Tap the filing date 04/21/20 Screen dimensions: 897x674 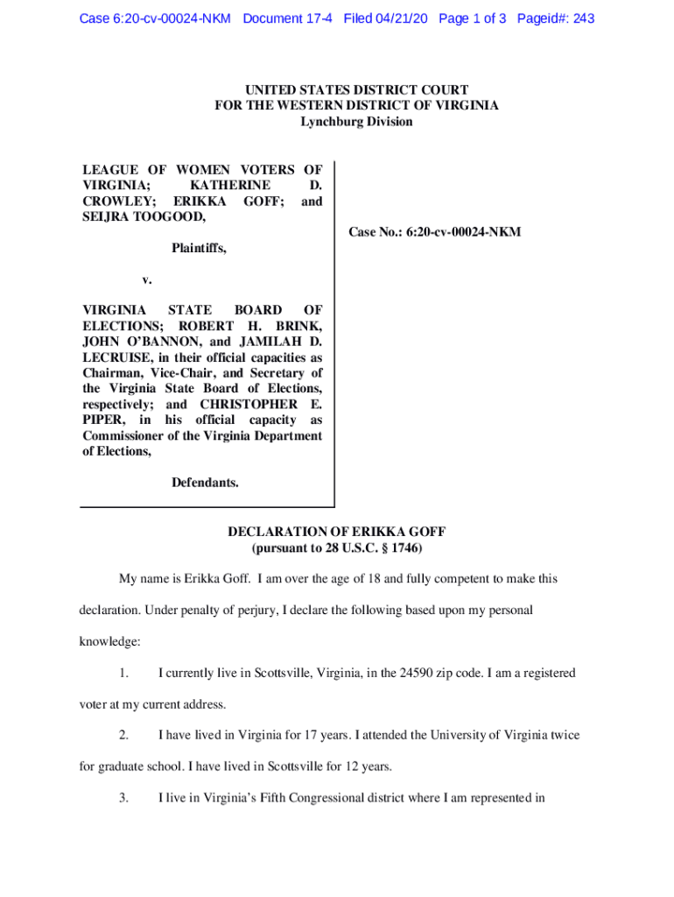click(x=400, y=18)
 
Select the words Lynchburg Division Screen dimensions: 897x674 click(x=356, y=122)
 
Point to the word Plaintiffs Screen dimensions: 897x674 click(x=199, y=249)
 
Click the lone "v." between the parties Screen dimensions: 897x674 click(x=148, y=280)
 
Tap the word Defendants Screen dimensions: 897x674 click(x=205, y=483)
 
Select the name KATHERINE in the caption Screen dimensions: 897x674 click(x=230, y=186)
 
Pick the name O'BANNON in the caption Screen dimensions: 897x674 click(x=158, y=342)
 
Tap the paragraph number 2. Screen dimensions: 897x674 click(x=124, y=736)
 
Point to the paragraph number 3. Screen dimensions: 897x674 click(x=124, y=798)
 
